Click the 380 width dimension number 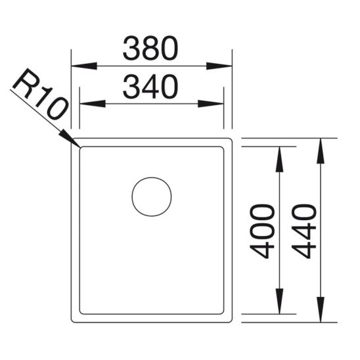(x=151, y=48)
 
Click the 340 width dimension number (x=151, y=87)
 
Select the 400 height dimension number (x=263, y=231)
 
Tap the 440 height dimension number (x=304, y=231)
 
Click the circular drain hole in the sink (x=152, y=196)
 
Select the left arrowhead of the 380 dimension (x=83, y=66)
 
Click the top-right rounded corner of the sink (x=230, y=141)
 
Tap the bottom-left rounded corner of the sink (x=75, y=319)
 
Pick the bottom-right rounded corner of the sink (x=230, y=319)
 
